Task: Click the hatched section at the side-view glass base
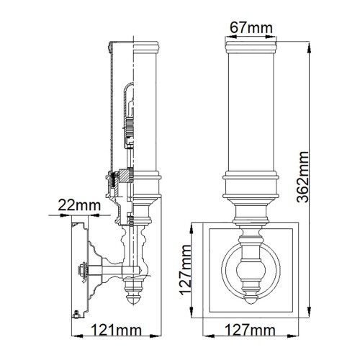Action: [x=124, y=176]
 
